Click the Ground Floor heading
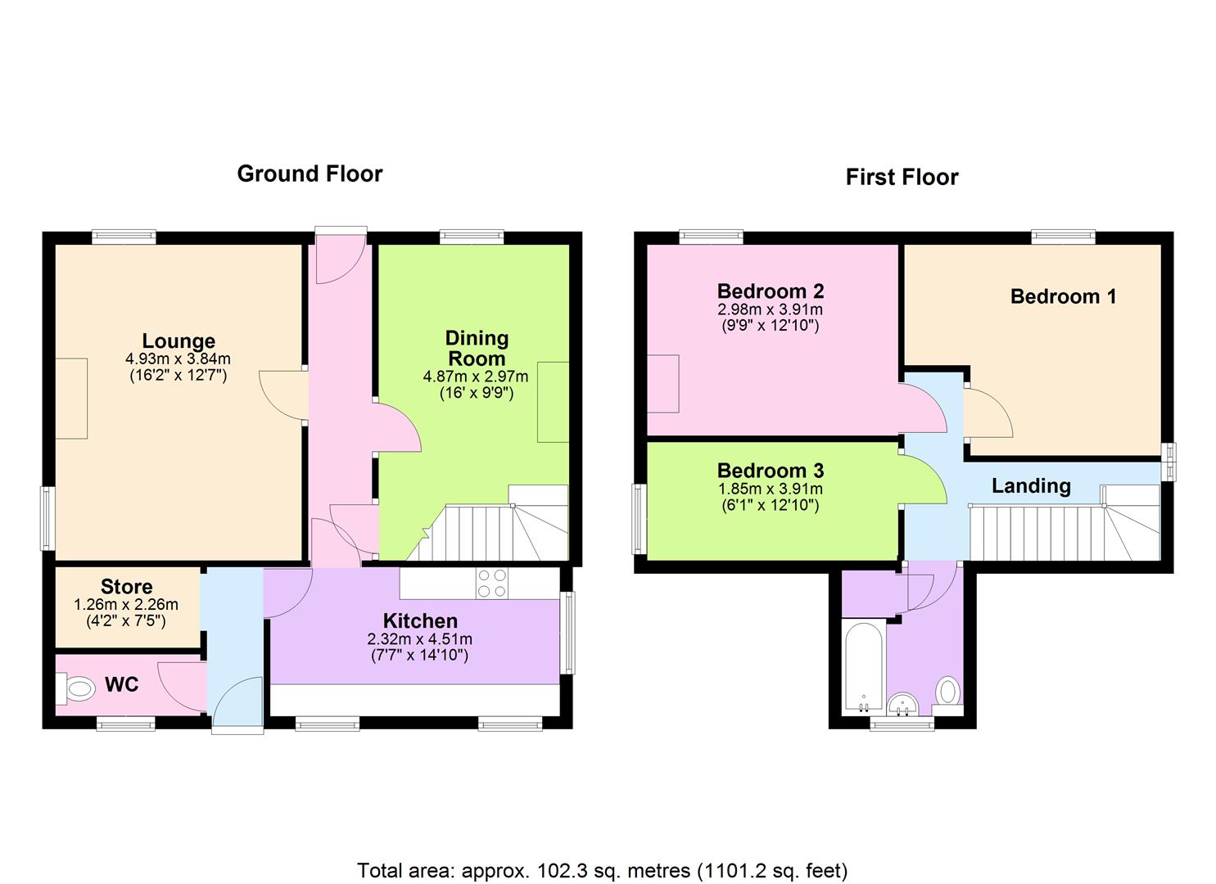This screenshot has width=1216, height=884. coord(310,174)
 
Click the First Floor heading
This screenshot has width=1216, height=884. coord(902,177)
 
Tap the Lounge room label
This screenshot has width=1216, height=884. coord(179,341)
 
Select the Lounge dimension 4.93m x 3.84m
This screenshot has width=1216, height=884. coord(178,359)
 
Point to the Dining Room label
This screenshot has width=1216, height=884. coord(477,348)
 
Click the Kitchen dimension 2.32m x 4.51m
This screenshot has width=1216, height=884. coord(419,638)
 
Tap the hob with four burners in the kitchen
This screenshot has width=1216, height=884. coord(492,584)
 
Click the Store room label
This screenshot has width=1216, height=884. coord(126,587)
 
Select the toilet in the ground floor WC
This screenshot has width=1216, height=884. coord(75,688)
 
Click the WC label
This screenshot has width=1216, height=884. coord(121,684)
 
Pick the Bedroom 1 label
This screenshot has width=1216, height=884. coord(1064,296)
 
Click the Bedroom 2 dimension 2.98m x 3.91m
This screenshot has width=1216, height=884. coord(770,310)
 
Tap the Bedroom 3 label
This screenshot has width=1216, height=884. coord(771,470)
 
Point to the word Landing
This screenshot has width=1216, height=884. coord(1031,485)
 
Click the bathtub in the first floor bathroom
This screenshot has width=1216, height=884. coord(863,667)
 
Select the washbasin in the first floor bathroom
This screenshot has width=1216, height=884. coord(903,705)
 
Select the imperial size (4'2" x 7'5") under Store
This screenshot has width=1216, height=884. coord(126,620)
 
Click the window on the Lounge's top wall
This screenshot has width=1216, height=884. coord(124,237)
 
